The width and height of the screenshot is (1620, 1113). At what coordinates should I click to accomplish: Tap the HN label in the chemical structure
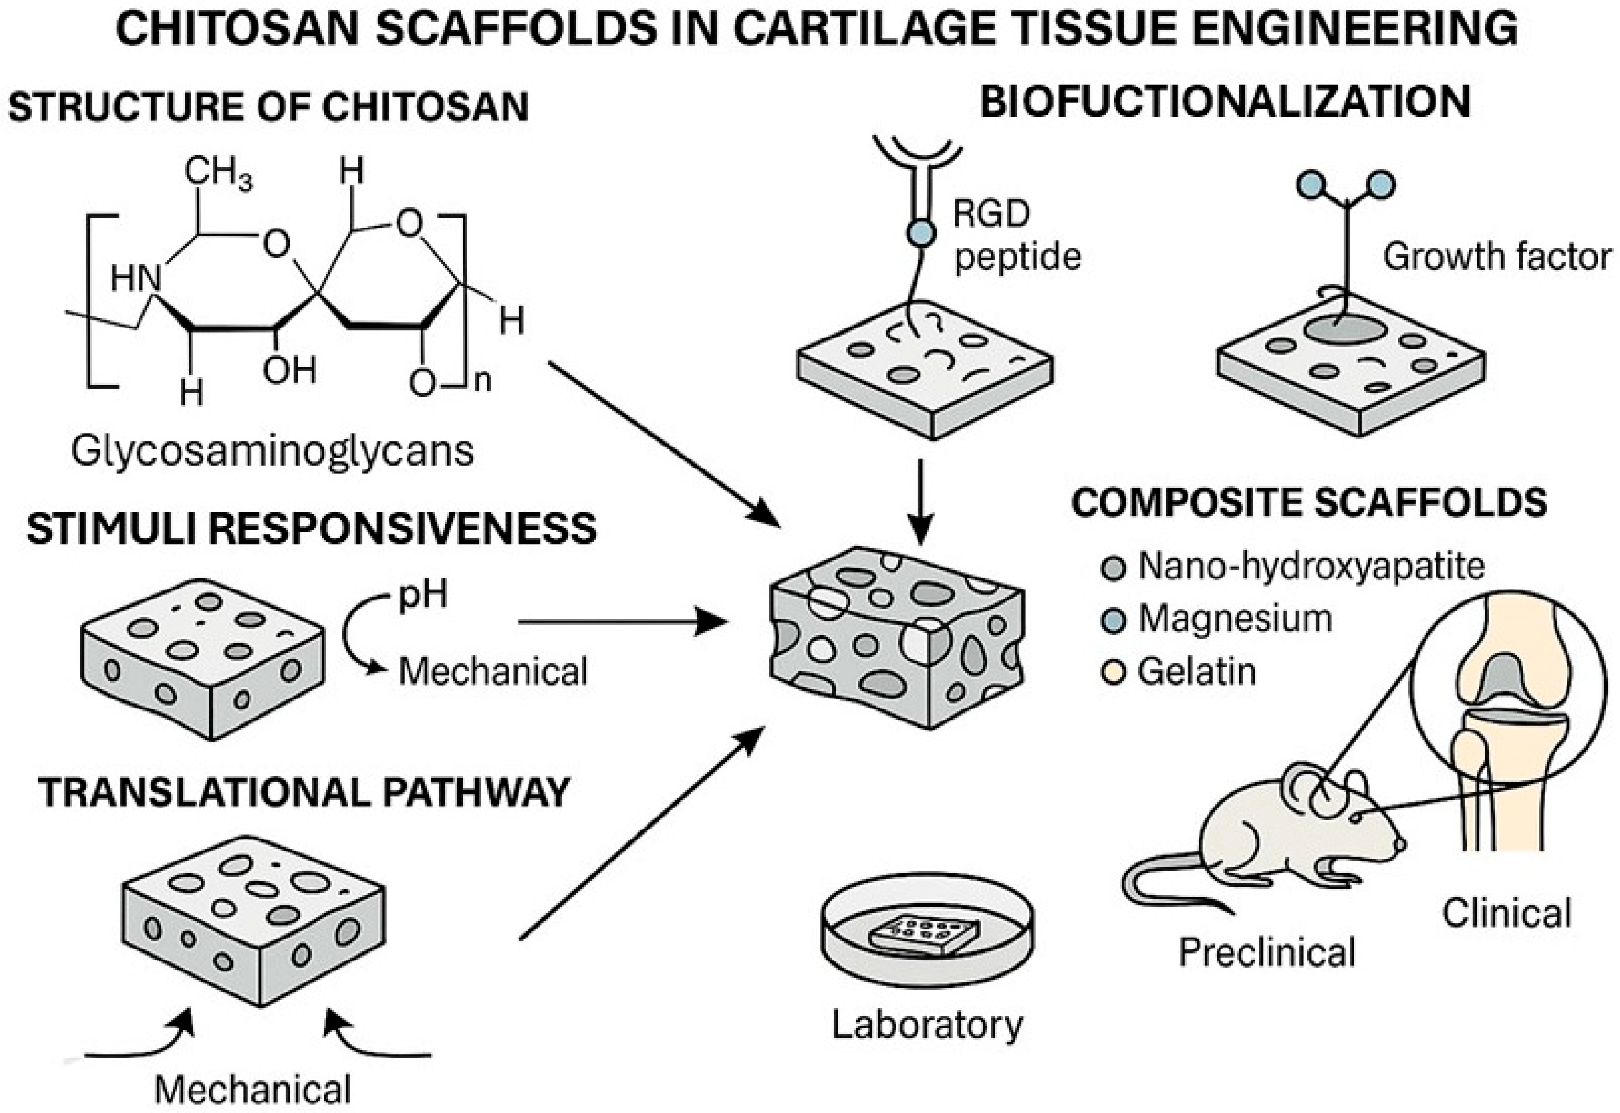pyautogui.click(x=135, y=280)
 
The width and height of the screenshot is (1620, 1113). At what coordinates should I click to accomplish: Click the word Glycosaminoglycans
pyautogui.click(x=272, y=451)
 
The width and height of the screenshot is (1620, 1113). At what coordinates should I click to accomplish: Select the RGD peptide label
pyautogui.click(x=1016, y=235)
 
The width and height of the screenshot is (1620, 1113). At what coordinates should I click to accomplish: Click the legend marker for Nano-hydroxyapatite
pyautogui.click(x=1113, y=567)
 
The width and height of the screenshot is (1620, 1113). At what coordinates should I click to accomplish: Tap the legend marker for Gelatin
pyautogui.click(x=1113, y=673)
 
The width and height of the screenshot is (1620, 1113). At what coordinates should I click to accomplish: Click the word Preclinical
pyautogui.click(x=1266, y=952)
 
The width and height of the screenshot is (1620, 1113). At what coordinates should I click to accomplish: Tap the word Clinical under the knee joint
pyautogui.click(x=1506, y=913)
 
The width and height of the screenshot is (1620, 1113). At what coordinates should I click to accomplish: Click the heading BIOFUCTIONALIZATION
pyautogui.click(x=1225, y=102)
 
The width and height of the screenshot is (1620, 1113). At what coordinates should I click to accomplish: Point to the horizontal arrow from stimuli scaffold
pyautogui.click(x=620, y=621)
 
